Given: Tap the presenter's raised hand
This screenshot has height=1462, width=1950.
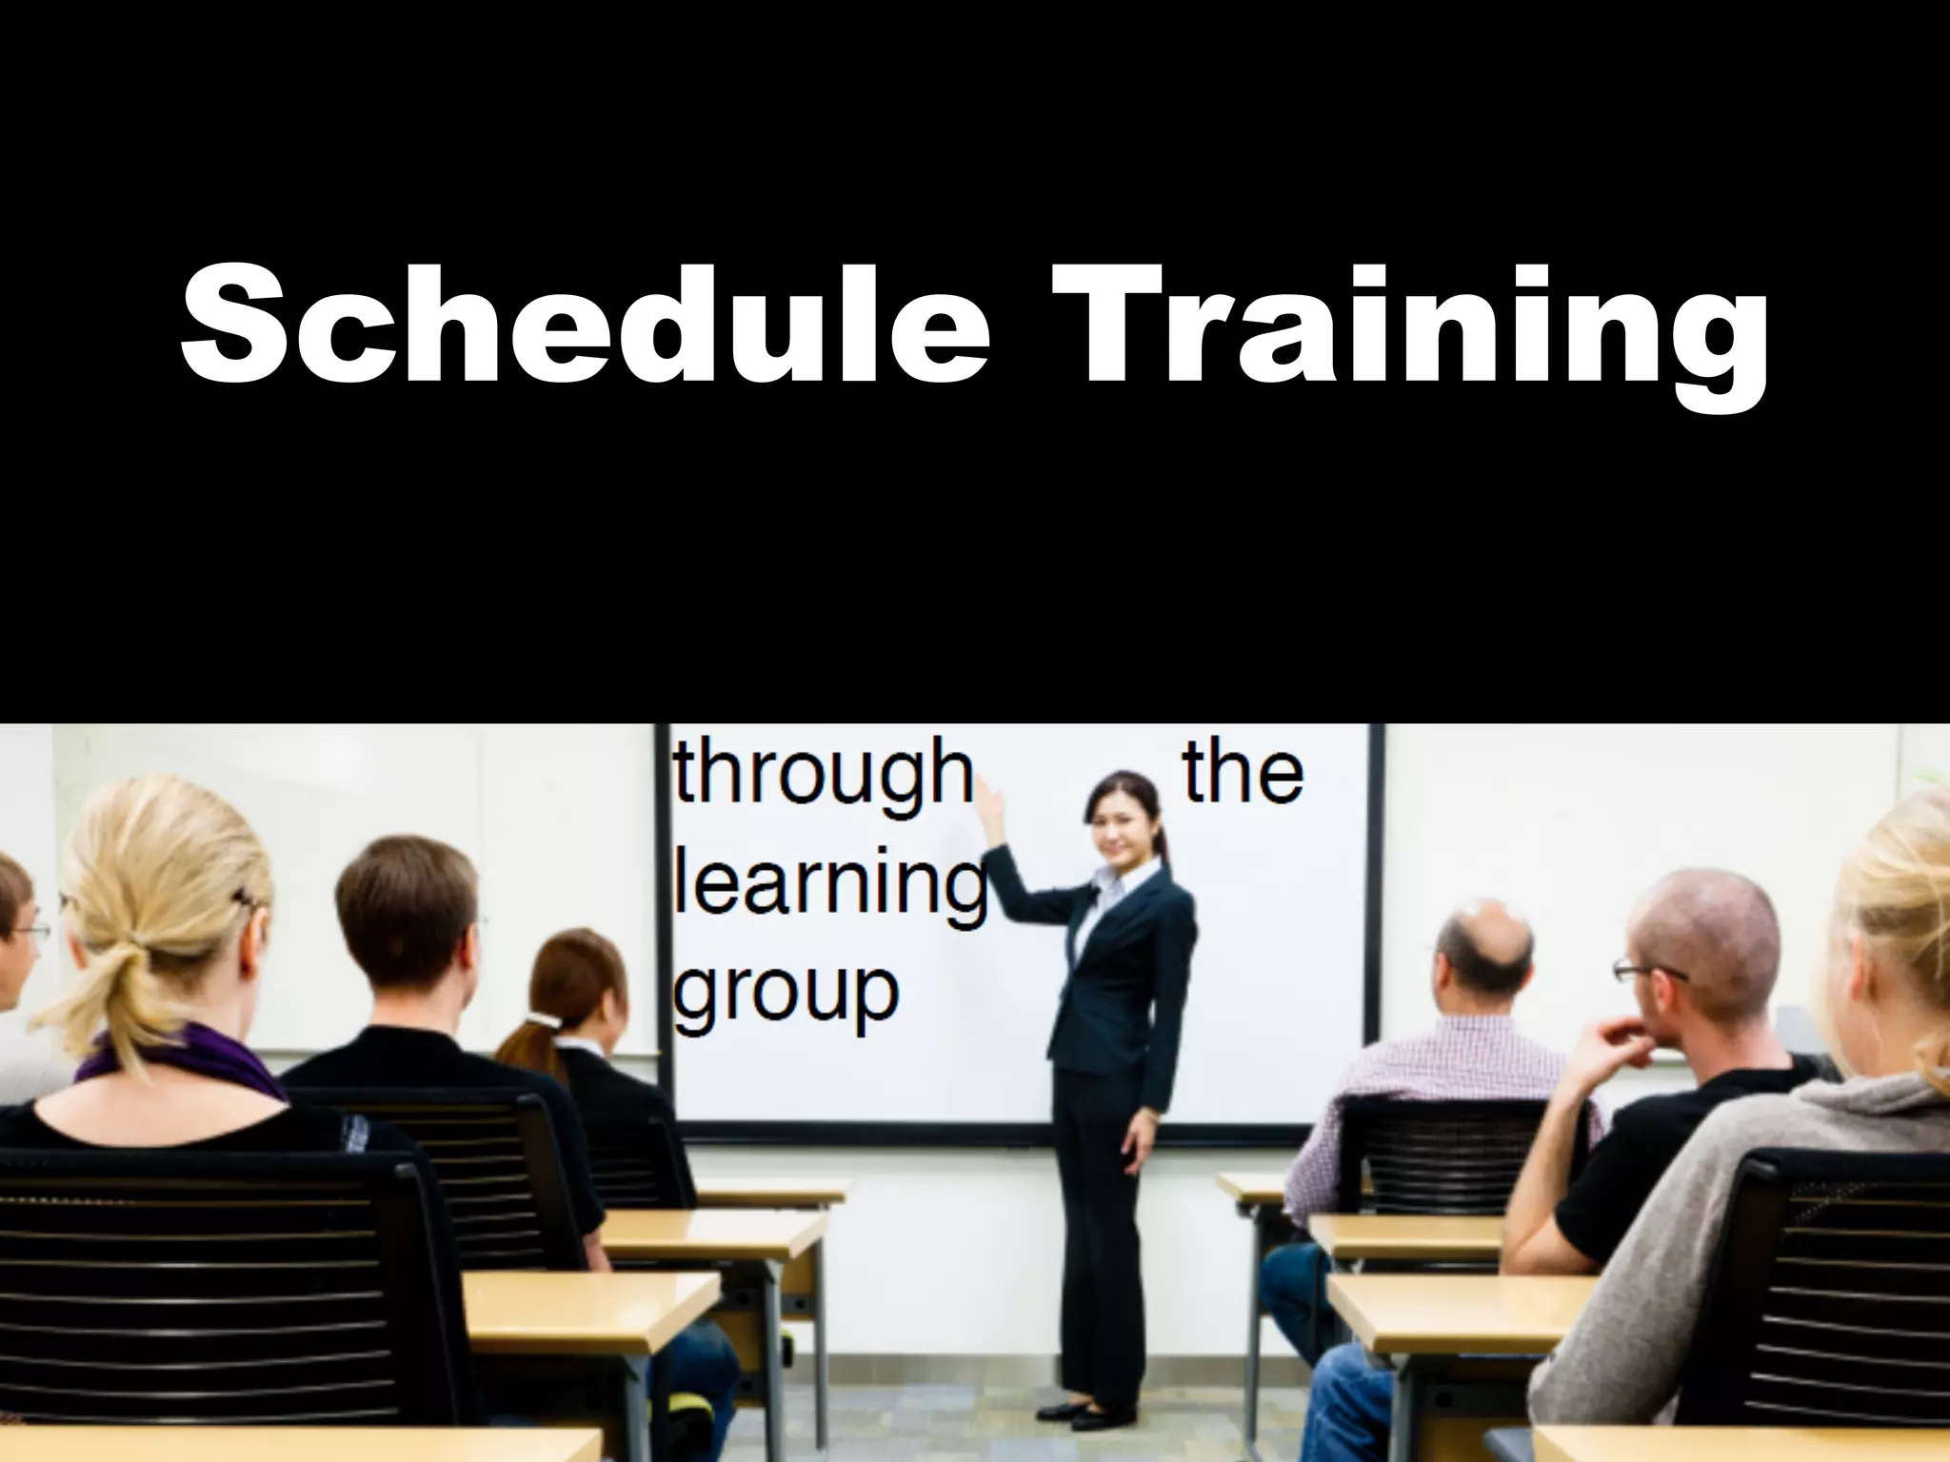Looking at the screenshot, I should pyautogui.click(x=991, y=795).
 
